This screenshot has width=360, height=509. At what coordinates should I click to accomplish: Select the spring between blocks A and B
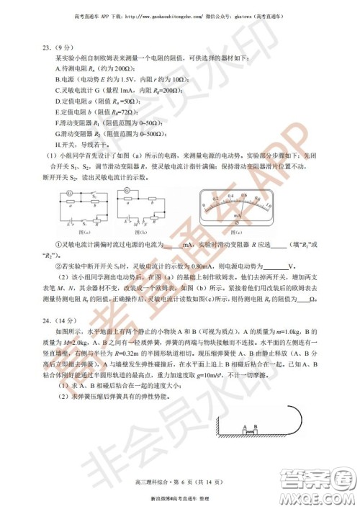point(251,431)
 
